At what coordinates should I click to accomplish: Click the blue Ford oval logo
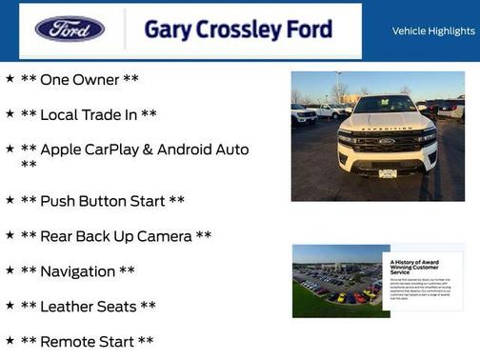[x=70, y=30]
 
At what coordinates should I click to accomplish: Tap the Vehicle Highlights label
[x=433, y=31]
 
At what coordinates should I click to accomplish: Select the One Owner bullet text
[x=80, y=80]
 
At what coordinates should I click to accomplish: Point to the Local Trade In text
[x=89, y=115]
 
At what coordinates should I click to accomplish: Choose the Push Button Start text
[x=103, y=201]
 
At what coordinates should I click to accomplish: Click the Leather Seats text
[x=88, y=307]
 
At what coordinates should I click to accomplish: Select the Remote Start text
[x=87, y=341]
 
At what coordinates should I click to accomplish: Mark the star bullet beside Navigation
[x=10, y=270]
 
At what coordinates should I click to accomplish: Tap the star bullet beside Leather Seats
[x=10, y=306]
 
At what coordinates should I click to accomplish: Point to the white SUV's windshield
[x=386, y=106]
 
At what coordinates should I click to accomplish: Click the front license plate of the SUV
[x=388, y=173]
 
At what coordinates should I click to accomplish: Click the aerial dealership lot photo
[x=336, y=281]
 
